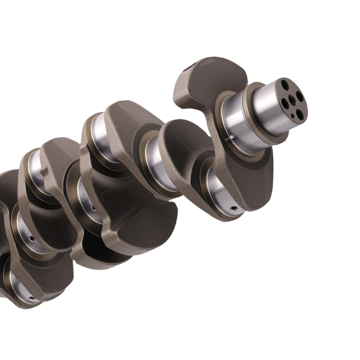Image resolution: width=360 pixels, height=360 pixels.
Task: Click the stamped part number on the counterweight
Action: pyautogui.click(x=208, y=64)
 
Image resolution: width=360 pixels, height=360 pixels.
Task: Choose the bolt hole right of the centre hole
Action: pyautogui.click(x=300, y=97)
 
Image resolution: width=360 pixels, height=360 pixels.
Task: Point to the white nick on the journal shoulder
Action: pyautogui.click(x=233, y=136)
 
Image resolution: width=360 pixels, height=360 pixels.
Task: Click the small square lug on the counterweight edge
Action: pyautogui.click(x=44, y=171)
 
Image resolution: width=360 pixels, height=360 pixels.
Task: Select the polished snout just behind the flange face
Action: pyautogui.click(x=268, y=104)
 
